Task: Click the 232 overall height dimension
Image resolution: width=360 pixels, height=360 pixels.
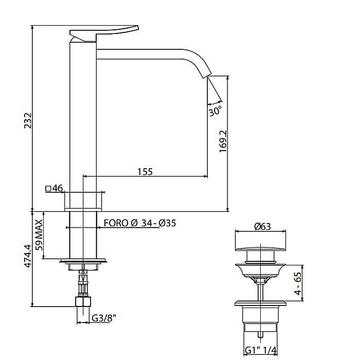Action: click(x=28, y=120)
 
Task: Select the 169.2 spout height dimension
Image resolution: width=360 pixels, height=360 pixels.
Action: click(x=223, y=141)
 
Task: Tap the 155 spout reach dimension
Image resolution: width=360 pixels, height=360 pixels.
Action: click(x=145, y=171)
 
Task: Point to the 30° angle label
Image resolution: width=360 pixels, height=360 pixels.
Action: click(x=215, y=111)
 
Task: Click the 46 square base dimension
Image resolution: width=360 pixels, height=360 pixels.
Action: click(x=58, y=188)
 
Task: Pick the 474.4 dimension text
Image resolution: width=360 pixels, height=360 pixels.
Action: click(x=28, y=256)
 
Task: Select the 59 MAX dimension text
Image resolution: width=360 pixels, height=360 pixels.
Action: click(x=39, y=235)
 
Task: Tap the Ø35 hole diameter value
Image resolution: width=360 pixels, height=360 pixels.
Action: click(x=167, y=223)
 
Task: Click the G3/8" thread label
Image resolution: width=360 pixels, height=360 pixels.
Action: click(x=104, y=318)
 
